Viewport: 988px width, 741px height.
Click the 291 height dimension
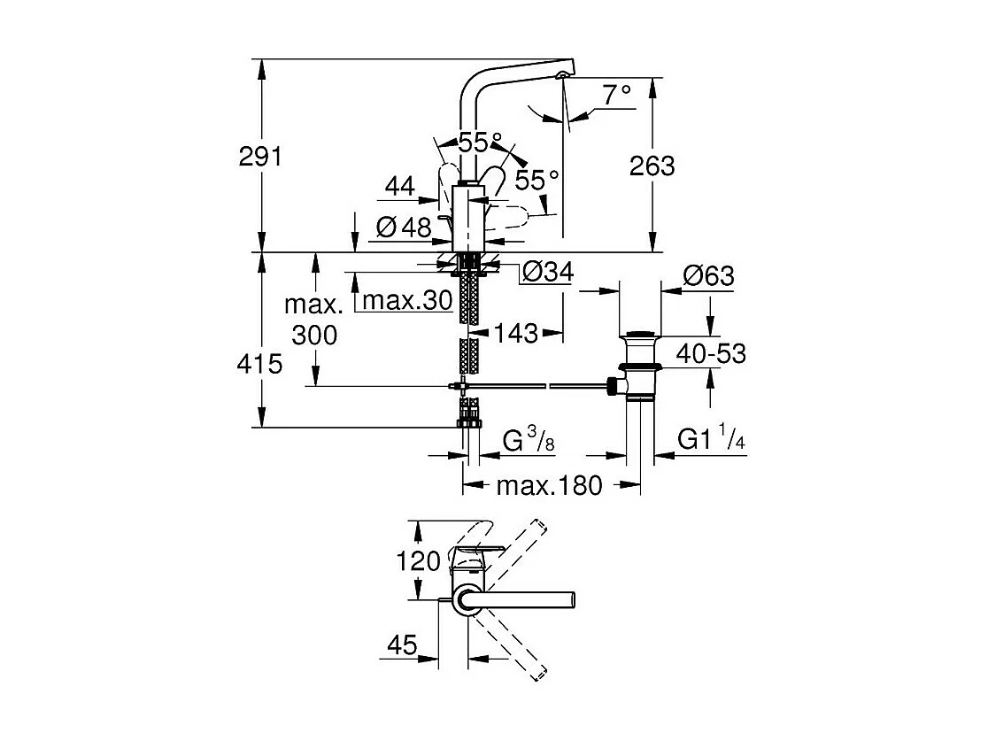click(259, 157)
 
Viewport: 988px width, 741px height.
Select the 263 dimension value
click(653, 166)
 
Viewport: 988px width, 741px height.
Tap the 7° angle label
click(618, 93)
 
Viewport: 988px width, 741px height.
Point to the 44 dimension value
click(400, 186)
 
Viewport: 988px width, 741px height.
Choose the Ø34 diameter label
click(547, 272)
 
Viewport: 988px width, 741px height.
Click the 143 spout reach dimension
click(516, 333)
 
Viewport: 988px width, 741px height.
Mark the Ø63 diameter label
click(708, 276)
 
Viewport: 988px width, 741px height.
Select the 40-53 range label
click(710, 354)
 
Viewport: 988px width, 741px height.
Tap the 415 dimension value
click(259, 363)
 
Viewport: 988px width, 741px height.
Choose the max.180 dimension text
click(549, 485)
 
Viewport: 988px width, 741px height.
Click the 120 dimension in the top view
click(419, 561)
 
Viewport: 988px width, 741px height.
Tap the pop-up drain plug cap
click(640, 337)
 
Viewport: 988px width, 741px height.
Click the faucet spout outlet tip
click(561, 76)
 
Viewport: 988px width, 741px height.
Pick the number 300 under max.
click(313, 335)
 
